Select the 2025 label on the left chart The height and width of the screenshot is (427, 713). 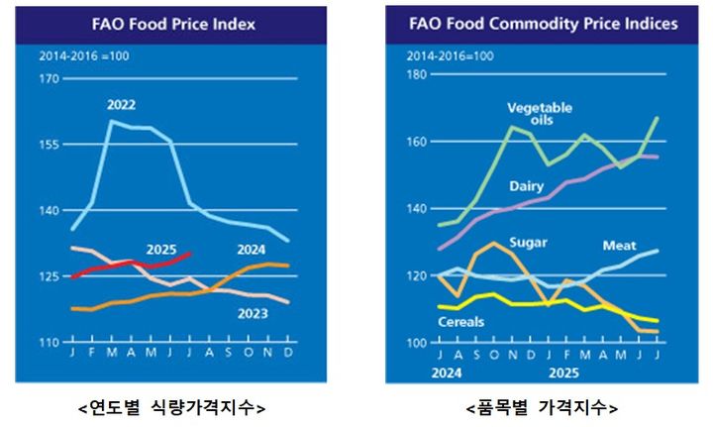pos(161,249)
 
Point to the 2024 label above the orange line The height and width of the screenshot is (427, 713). pos(253,249)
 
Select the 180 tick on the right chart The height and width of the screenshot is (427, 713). pos(416,74)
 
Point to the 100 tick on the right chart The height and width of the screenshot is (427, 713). pos(416,343)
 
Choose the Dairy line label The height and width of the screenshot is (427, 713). pos(526,186)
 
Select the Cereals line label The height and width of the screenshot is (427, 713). pos(461,322)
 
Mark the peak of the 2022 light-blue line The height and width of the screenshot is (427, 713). pos(109,121)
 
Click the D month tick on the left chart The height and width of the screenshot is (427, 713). pos(287,352)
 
